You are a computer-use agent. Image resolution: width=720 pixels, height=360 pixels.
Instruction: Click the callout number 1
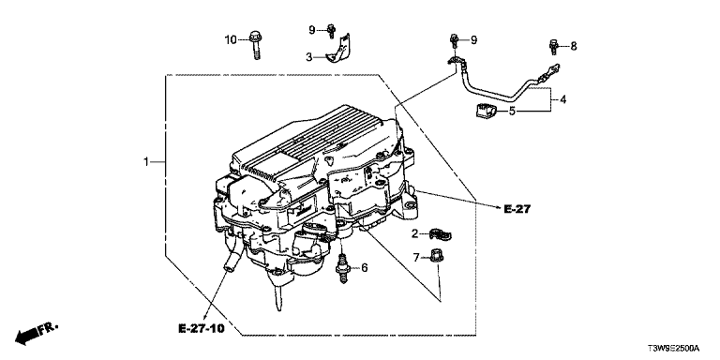coord(146,162)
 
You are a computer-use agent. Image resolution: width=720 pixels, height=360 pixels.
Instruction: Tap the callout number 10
coord(231,40)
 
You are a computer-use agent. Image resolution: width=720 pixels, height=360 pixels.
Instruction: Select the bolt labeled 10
coord(255,45)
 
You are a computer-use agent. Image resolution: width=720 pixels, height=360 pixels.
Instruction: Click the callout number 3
coord(309,57)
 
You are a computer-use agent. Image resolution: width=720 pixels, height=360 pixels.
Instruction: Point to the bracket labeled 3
coord(338,51)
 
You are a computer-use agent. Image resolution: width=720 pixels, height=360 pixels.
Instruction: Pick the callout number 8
coord(574,46)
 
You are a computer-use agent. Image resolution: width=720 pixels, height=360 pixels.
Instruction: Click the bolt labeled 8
coord(554,47)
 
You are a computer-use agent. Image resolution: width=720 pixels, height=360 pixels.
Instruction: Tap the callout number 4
coord(562,99)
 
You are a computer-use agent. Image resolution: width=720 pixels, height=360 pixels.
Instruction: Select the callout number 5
coord(513,111)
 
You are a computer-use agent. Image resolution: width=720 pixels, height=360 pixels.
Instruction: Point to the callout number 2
coord(415,234)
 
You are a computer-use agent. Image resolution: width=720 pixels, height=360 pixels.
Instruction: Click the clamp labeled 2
coord(440,234)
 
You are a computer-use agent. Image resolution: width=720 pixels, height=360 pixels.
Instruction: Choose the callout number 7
coord(416,258)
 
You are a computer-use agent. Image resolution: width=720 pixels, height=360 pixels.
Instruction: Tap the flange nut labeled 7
coord(435,255)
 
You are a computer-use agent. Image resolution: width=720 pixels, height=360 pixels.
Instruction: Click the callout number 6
coord(364,268)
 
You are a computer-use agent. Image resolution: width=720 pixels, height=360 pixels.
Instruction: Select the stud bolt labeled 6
coord(342,269)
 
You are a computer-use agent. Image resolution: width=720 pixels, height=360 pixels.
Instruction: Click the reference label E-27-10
coord(202,329)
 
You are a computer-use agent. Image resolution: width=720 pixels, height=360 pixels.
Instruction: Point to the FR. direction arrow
coord(37,334)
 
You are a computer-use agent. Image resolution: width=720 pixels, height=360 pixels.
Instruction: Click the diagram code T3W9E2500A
coord(673,349)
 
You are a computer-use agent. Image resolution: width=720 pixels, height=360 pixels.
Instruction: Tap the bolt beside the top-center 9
coord(331,30)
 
